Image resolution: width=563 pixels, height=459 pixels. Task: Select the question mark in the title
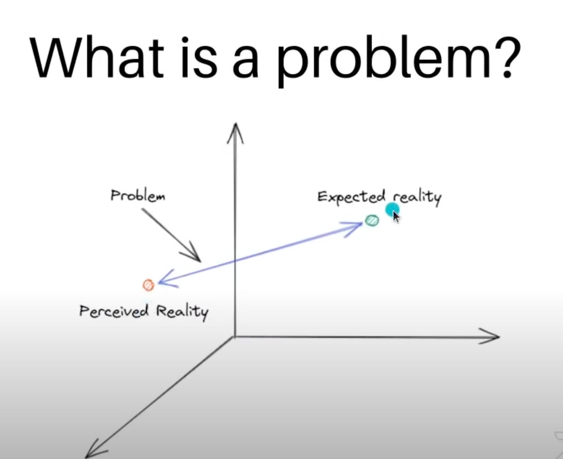pyautogui.click(x=506, y=57)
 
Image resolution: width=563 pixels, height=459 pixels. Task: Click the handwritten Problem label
pyautogui.click(x=138, y=195)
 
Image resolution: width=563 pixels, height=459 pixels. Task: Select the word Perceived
pyautogui.click(x=114, y=311)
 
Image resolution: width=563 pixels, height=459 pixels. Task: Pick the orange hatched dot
pyautogui.click(x=149, y=285)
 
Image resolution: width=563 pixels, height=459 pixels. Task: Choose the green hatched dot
pyautogui.click(x=372, y=220)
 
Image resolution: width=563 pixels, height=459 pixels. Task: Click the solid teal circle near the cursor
pyautogui.click(x=392, y=210)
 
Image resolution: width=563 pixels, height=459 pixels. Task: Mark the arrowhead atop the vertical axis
pyautogui.click(x=236, y=132)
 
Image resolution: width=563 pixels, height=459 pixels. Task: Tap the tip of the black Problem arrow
pyautogui.click(x=200, y=261)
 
